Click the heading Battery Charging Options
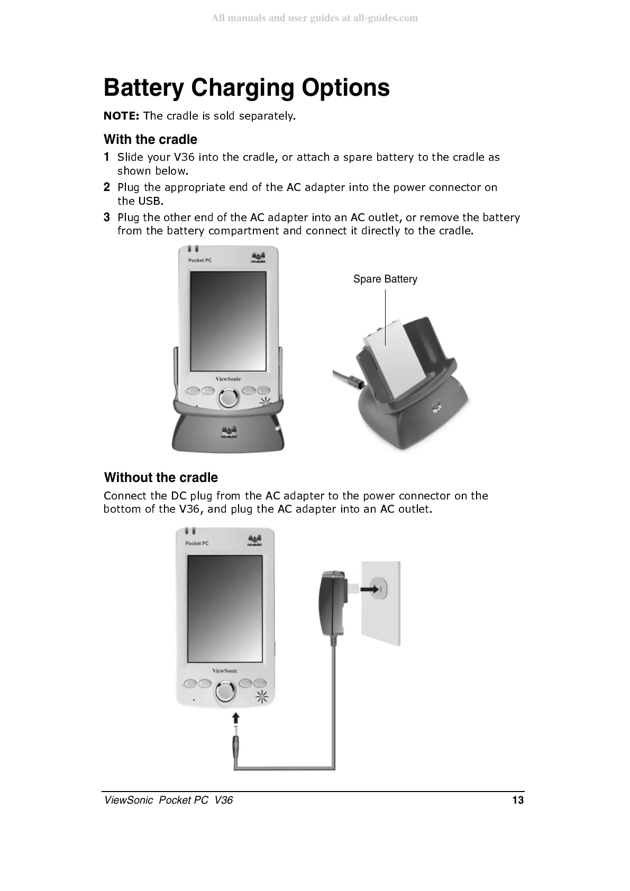pyautogui.click(x=246, y=88)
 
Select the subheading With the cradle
pyautogui.click(x=150, y=140)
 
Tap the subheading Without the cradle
pyautogui.click(x=161, y=478)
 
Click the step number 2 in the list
pyautogui.click(x=107, y=187)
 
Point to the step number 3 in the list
pyautogui.click(x=107, y=217)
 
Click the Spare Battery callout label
pyautogui.click(x=385, y=279)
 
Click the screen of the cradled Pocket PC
pyautogui.click(x=229, y=321)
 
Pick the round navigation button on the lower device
pyautogui.click(x=225, y=692)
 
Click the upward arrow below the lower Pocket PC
pyautogui.click(x=236, y=718)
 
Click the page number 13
pyautogui.click(x=518, y=800)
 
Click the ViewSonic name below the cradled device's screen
pyautogui.click(x=229, y=379)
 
